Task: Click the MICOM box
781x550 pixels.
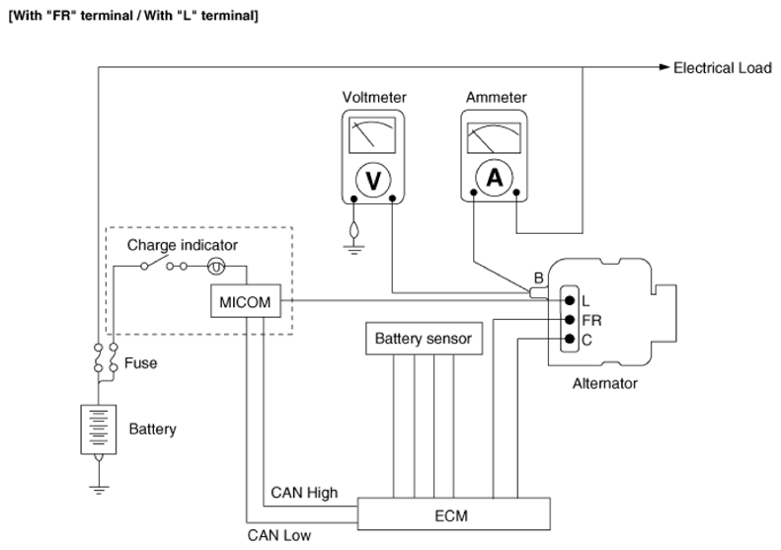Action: [x=246, y=301]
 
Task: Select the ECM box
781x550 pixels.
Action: [x=454, y=513]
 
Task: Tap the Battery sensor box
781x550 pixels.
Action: [x=424, y=339]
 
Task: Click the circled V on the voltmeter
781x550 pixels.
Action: [x=373, y=180]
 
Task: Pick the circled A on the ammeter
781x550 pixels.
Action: [x=494, y=178]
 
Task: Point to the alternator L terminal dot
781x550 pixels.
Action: [x=570, y=300]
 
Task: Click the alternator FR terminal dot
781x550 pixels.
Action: [x=570, y=320]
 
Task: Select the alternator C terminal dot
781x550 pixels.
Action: [x=570, y=340]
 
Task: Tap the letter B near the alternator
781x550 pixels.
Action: [x=538, y=278]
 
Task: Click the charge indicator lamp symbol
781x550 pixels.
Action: [x=216, y=267]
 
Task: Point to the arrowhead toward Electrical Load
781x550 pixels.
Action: [x=664, y=67]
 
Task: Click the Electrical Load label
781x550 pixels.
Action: [x=722, y=68]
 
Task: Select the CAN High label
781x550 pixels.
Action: [x=304, y=493]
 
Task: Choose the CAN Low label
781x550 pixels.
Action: [x=279, y=535]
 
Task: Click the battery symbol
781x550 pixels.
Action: [x=99, y=430]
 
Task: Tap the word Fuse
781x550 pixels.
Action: [x=141, y=362]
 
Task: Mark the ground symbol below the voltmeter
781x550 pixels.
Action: [x=354, y=250]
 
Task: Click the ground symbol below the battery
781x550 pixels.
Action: [x=99, y=490]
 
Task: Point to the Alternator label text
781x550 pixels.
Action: [x=604, y=383]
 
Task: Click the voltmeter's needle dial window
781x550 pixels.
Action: [x=372, y=135]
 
